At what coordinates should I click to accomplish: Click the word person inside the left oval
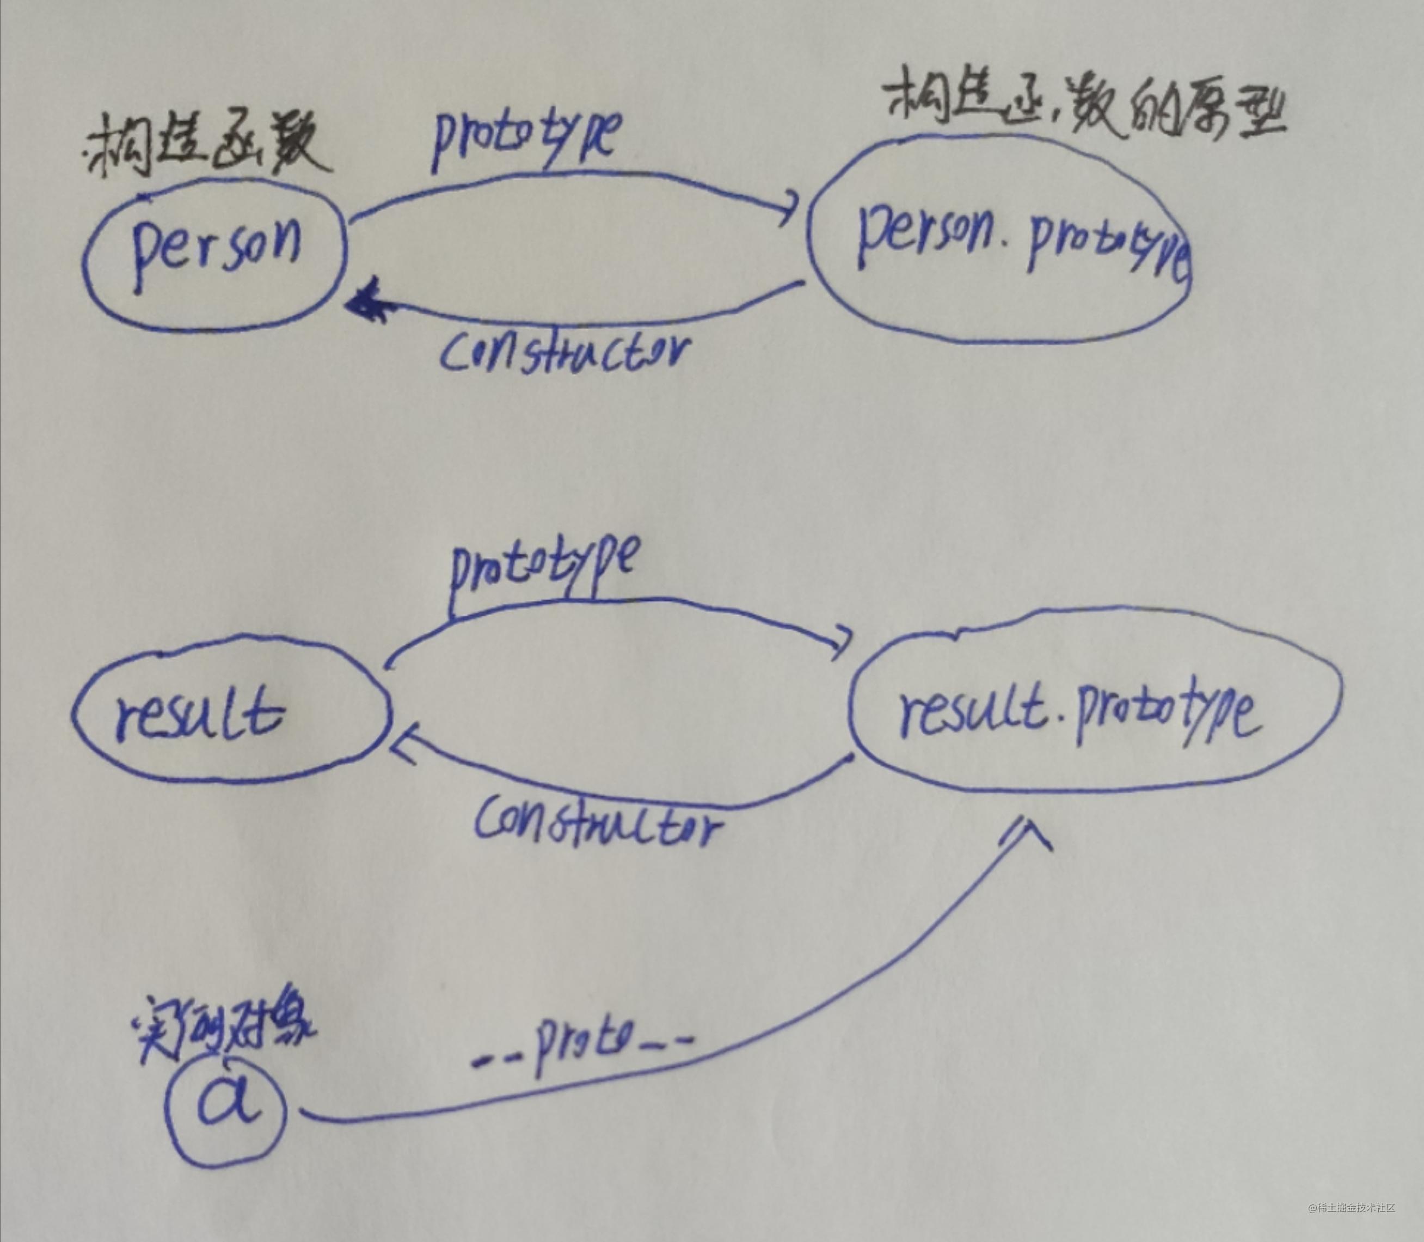tap(216, 251)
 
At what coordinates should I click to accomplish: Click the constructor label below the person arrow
tap(565, 353)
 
